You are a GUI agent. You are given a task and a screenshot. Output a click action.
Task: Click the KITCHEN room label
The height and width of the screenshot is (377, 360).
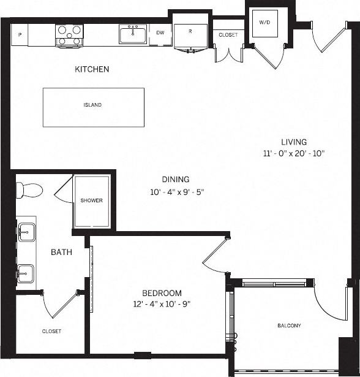(x=92, y=69)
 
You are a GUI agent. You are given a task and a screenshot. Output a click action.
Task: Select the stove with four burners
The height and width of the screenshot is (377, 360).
(x=69, y=34)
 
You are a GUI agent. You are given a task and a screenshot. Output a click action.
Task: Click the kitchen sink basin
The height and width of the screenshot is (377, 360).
(x=133, y=35)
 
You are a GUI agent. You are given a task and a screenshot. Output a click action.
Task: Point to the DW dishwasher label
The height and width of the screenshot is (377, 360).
(x=160, y=33)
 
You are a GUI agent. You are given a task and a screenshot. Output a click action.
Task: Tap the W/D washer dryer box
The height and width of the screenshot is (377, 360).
(x=264, y=23)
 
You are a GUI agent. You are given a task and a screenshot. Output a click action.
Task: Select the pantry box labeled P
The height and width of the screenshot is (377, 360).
(x=20, y=35)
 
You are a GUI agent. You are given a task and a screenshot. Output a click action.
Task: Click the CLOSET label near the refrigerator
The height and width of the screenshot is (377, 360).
(x=228, y=35)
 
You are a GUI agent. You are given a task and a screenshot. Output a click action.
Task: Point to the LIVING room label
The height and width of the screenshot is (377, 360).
(x=294, y=142)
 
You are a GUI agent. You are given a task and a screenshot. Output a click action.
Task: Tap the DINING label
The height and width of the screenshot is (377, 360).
(x=175, y=179)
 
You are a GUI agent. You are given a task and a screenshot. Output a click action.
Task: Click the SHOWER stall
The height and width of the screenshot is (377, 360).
(x=91, y=201)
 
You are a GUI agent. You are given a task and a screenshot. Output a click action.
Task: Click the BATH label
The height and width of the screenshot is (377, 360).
(x=61, y=252)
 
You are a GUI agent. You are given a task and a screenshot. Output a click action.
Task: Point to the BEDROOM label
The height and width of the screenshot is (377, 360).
(x=162, y=293)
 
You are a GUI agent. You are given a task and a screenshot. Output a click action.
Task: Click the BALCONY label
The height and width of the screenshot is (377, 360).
(x=289, y=326)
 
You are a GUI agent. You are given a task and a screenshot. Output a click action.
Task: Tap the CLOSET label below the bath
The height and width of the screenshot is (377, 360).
(x=51, y=331)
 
